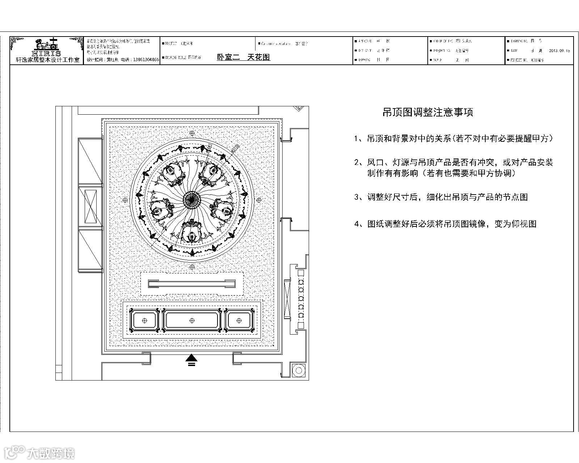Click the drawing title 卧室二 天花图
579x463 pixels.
(x=243, y=57)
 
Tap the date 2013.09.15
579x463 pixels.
(x=559, y=51)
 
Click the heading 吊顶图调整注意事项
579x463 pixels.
(x=428, y=112)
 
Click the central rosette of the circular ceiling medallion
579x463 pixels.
(x=192, y=199)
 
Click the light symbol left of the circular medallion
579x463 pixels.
(x=125, y=200)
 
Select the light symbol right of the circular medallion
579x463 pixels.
(x=259, y=199)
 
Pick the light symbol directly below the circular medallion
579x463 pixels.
(x=192, y=267)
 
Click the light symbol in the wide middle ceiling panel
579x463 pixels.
(x=192, y=320)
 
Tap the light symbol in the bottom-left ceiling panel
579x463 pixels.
(x=144, y=320)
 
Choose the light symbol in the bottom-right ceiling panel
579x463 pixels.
(x=239, y=320)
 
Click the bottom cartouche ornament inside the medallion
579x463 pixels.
(x=191, y=231)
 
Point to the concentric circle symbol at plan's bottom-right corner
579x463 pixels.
(x=299, y=370)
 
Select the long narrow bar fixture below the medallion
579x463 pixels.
(x=192, y=284)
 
